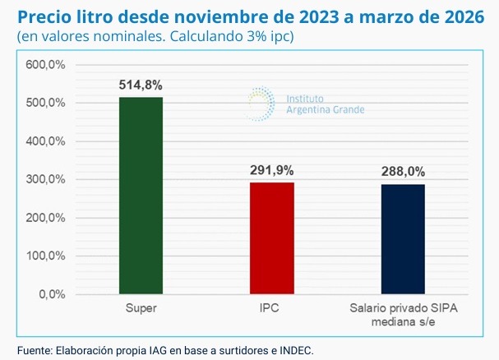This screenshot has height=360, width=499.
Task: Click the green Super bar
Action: [x=141, y=195]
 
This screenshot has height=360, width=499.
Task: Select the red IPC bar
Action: [x=270, y=238]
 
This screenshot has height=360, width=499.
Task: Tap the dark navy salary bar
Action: [x=402, y=238]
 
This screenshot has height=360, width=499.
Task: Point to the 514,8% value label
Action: [x=141, y=85]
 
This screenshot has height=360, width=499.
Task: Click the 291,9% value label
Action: [x=270, y=171]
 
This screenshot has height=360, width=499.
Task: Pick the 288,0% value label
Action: [x=402, y=173]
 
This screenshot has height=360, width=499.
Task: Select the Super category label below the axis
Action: [x=141, y=310]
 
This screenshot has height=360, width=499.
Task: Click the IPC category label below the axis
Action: [x=270, y=310]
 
